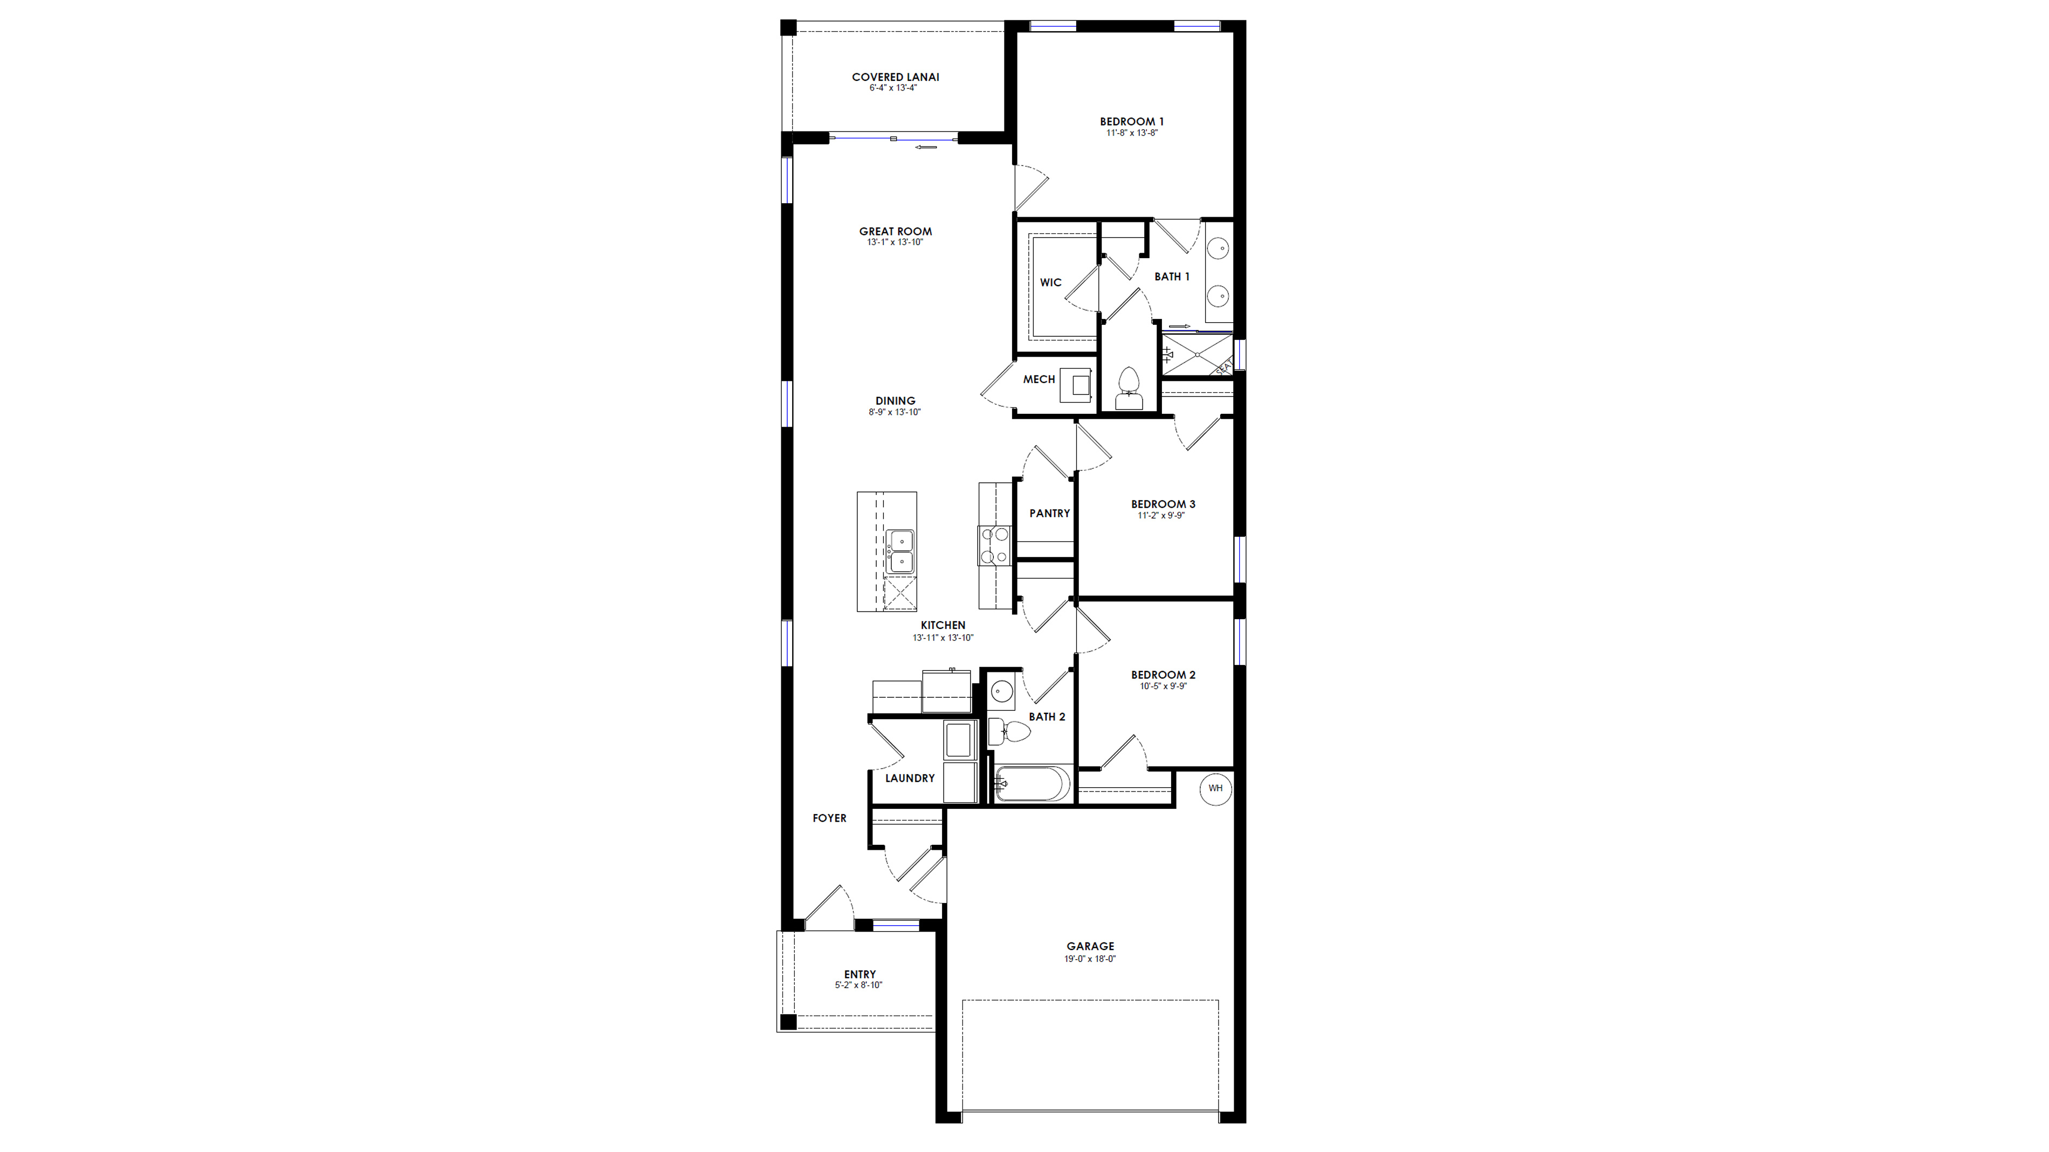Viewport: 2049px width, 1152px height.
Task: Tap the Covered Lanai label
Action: [x=895, y=77]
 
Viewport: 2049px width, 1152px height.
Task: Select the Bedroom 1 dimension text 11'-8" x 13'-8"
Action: [x=1131, y=133]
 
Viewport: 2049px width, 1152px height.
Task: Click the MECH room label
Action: [x=1039, y=379]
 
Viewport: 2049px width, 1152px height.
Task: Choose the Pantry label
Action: [x=1049, y=513]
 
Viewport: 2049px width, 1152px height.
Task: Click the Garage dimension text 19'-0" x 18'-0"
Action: [x=1090, y=959]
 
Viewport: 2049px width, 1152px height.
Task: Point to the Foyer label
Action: [x=829, y=818]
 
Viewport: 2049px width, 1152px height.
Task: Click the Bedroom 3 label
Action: [x=1163, y=504]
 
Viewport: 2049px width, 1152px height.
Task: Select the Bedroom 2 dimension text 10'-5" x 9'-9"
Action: [x=1163, y=686]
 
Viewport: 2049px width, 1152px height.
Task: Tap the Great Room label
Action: [x=895, y=231]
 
